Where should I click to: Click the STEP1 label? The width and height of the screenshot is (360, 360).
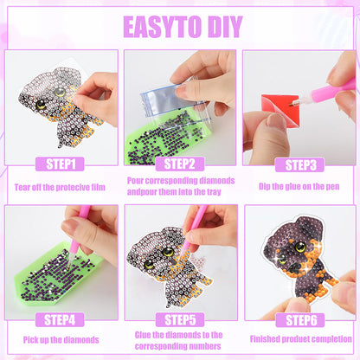60,164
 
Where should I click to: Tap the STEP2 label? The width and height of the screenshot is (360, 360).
180,164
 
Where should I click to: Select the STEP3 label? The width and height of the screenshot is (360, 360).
299,165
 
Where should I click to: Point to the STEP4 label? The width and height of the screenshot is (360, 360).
60,319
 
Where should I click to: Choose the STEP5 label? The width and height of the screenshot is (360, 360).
180,320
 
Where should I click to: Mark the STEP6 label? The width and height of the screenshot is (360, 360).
300,320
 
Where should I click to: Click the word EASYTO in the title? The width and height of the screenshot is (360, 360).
162,27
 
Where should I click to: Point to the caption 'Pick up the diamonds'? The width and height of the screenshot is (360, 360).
61,339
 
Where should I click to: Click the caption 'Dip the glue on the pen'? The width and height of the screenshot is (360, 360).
299,186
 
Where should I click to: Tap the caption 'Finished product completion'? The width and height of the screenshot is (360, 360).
301,339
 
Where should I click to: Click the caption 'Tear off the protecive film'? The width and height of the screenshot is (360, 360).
60,187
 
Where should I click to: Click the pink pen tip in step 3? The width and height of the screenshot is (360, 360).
292,103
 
